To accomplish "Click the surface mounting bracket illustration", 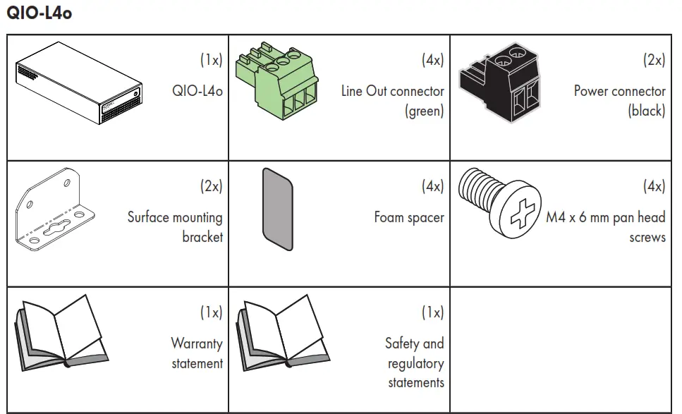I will click(x=56, y=211).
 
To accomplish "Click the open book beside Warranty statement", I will click(x=61, y=332).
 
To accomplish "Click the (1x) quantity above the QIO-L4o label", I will click(x=211, y=60).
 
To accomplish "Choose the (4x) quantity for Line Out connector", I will click(x=432, y=60).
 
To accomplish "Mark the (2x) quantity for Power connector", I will click(x=654, y=60).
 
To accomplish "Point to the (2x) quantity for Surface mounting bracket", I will click(x=211, y=187).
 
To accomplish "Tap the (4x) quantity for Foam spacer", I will click(x=432, y=187).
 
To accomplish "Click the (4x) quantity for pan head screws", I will click(x=654, y=187).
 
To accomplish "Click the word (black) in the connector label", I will click(x=646, y=111).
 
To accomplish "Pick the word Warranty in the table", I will click(x=196, y=344).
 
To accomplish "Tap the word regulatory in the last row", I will click(x=415, y=364).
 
